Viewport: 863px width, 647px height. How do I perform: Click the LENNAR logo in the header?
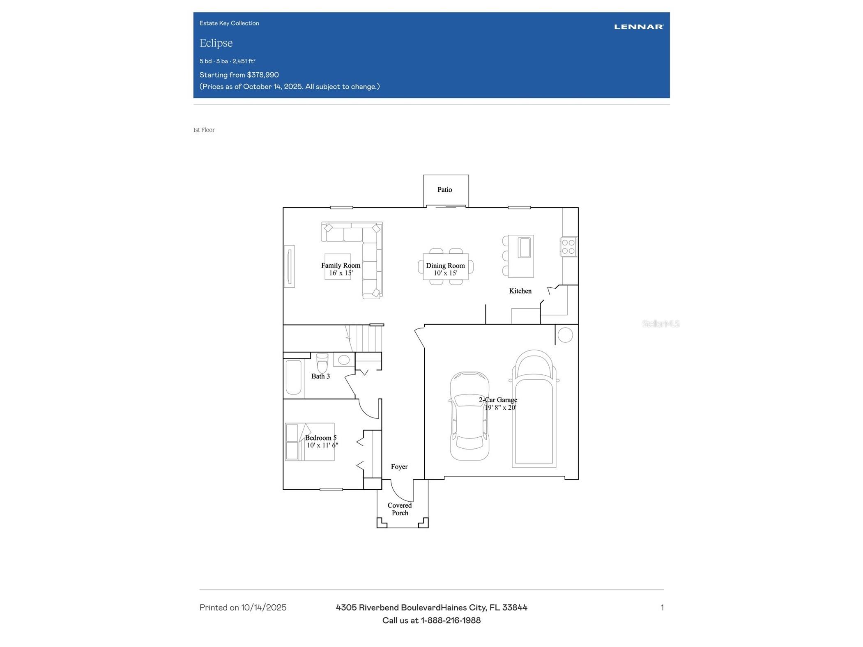tap(638, 27)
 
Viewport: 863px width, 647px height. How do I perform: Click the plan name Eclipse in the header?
tap(216, 43)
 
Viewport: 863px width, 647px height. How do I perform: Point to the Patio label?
tap(444, 190)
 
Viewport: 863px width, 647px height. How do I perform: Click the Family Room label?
tap(341, 266)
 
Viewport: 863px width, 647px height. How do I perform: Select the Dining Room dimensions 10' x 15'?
tap(445, 273)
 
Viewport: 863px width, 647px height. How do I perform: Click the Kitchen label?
tap(520, 291)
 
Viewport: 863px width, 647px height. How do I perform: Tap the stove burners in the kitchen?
tap(568, 247)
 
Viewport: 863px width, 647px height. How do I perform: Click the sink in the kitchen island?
tap(524, 247)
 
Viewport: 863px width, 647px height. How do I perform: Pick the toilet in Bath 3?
tap(322, 363)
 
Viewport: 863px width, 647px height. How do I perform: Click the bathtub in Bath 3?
tap(293, 377)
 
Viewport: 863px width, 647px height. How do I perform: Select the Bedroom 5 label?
tap(320, 438)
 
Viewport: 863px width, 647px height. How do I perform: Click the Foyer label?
tap(399, 467)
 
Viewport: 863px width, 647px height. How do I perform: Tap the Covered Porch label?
tap(400, 509)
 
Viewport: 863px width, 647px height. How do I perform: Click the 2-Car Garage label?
tap(498, 400)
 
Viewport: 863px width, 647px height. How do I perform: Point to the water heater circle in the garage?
tap(565, 335)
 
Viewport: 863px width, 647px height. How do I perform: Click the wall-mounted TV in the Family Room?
tap(289, 266)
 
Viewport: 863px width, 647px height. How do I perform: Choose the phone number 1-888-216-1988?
tap(451, 620)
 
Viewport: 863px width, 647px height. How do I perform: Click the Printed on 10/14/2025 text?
tap(243, 608)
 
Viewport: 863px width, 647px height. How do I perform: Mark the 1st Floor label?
tap(204, 130)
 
